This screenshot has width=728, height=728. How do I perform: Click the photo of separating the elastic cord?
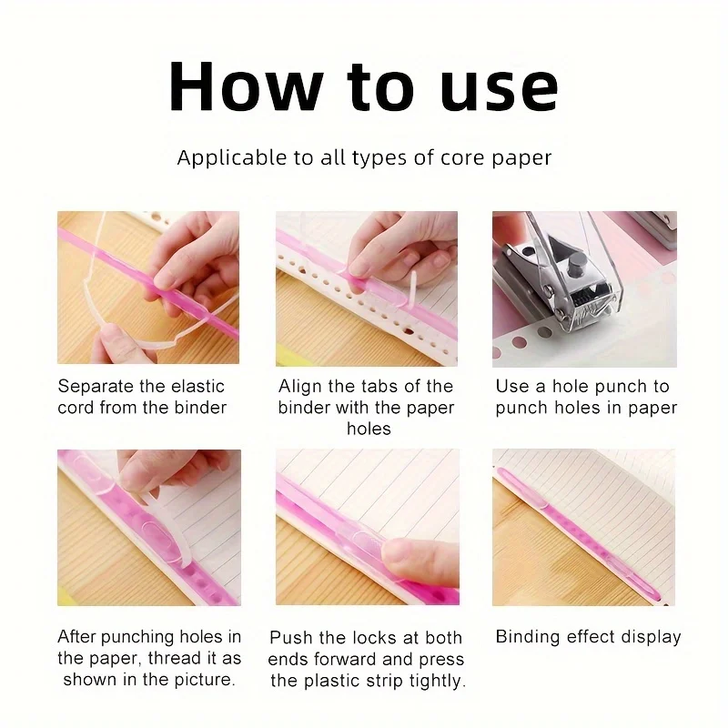(x=148, y=288)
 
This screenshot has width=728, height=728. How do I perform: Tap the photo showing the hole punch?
(x=584, y=288)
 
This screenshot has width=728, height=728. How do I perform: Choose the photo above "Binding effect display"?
(x=584, y=528)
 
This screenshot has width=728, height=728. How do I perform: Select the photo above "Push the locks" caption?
(x=367, y=528)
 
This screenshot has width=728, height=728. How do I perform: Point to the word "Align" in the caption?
(x=301, y=386)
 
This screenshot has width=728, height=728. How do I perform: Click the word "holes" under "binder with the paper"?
(x=369, y=428)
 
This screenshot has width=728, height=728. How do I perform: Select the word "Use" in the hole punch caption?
(x=512, y=386)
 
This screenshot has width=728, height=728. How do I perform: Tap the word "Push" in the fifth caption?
(x=290, y=637)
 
